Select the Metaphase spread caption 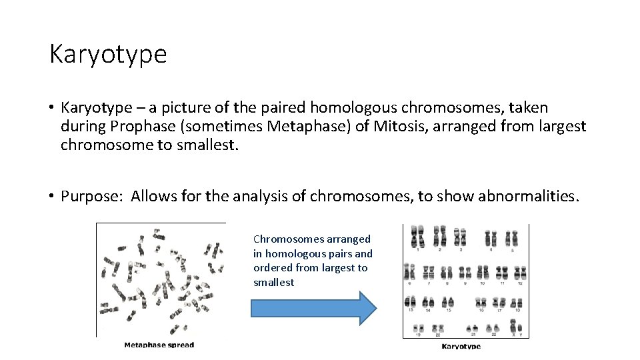pyautogui.click(x=159, y=345)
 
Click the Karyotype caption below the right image pyautogui.click(x=461, y=346)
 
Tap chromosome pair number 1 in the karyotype pyautogui.click(x=419, y=237)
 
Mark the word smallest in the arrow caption pyautogui.click(x=273, y=283)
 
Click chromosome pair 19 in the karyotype pyautogui.click(x=418, y=329)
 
